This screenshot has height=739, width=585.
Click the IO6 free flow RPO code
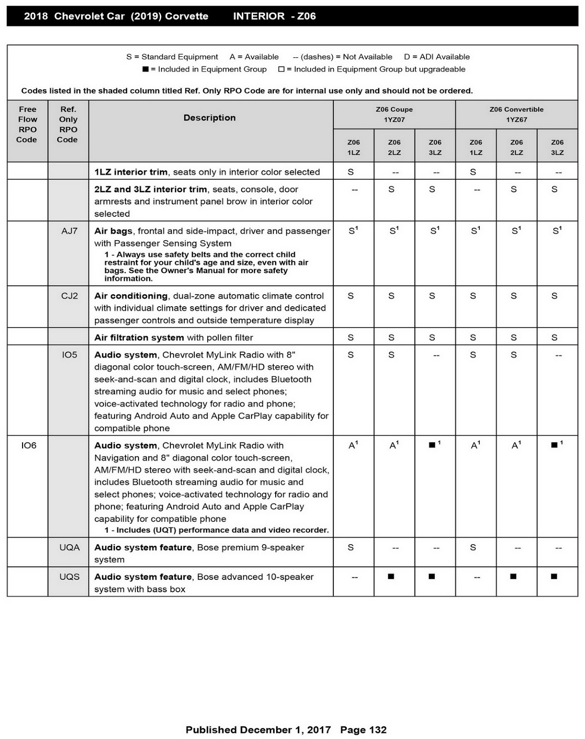click(x=29, y=446)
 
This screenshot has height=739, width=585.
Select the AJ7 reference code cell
click(x=69, y=231)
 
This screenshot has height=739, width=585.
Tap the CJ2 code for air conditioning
click(x=69, y=296)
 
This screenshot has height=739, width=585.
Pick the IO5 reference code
click(x=69, y=355)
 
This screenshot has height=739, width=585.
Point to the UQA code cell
click(x=69, y=547)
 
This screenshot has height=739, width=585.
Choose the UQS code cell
click(x=69, y=577)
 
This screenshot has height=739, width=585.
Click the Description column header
click(x=210, y=118)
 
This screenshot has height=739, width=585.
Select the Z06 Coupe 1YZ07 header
click(x=394, y=115)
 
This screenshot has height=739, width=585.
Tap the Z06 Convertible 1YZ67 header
click(x=516, y=115)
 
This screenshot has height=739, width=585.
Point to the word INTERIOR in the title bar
click(x=259, y=16)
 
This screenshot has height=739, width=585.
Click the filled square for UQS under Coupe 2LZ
click(x=391, y=576)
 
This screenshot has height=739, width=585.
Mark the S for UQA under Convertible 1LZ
click(x=473, y=547)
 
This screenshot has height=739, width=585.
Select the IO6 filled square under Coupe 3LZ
click(x=432, y=445)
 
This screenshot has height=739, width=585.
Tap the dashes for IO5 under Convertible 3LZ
click(x=558, y=356)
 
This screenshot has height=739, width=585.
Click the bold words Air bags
click(x=113, y=231)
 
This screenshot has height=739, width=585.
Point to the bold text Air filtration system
click(x=139, y=338)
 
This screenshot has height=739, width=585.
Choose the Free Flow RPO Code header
click(x=27, y=124)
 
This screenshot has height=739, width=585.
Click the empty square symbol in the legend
click(x=281, y=69)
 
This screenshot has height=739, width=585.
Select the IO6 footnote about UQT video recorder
click(x=217, y=530)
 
